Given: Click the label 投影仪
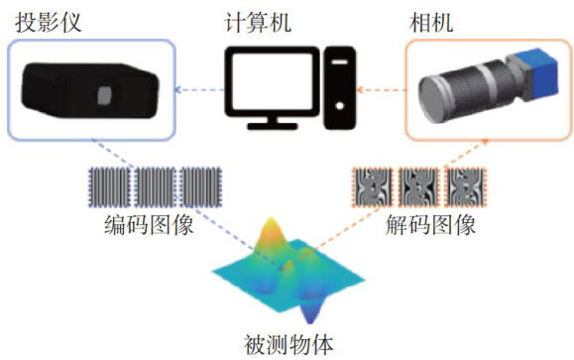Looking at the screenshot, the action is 48,22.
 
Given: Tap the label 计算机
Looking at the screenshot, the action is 258,22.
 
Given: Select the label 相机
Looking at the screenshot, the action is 431,22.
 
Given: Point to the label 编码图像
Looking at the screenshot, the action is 149,224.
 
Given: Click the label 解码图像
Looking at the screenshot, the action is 430,224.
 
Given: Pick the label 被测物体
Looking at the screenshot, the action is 288,344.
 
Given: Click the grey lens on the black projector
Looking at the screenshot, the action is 104,95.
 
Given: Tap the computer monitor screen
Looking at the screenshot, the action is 273,80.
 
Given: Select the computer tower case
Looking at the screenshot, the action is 340,88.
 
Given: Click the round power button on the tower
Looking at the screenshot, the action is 339,106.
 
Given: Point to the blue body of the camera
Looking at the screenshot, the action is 543,74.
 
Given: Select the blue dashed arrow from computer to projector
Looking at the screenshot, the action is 199,90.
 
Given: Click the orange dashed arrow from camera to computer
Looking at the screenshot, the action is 382,90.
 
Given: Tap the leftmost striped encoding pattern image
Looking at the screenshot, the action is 110,187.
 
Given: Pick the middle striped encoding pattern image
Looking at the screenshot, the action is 156,187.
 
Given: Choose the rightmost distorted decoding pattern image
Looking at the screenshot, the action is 465,187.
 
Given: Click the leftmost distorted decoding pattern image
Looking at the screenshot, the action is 373,187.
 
